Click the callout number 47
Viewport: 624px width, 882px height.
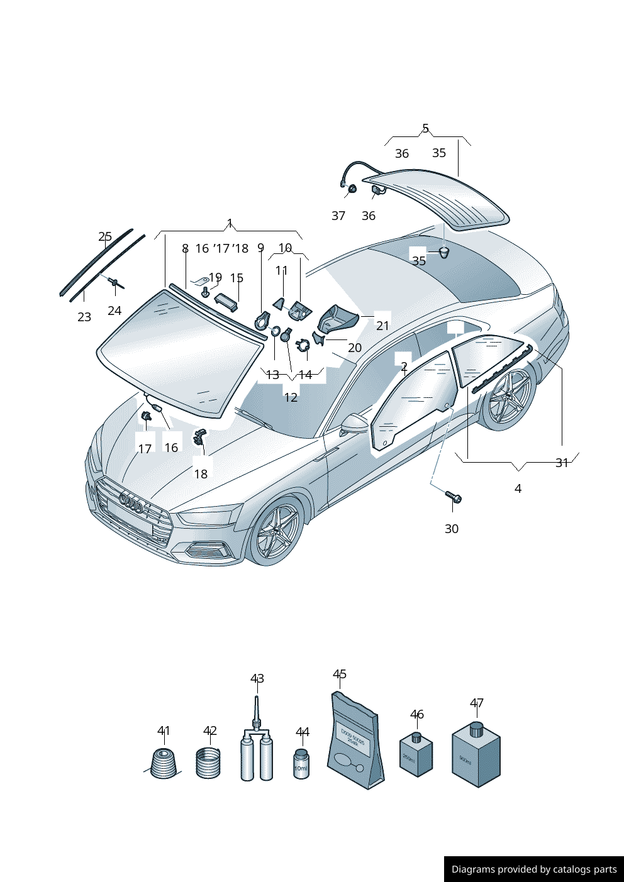click(476, 703)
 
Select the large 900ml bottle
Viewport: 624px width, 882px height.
click(476, 758)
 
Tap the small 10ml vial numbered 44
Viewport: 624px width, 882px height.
click(301, 764)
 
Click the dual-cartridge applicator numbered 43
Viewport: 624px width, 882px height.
click(257, 752)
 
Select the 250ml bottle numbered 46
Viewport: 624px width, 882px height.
click(416, 754)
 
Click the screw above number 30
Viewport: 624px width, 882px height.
click(454, 497)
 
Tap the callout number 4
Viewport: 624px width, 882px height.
click(518, 488)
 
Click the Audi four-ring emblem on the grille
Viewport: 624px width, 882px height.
click(131, 503)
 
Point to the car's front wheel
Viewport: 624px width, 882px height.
click(277, 531)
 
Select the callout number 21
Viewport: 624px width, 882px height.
click(382, 326)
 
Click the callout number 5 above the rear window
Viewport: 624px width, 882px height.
click(425, 128)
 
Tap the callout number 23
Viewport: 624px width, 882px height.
click(84, 317)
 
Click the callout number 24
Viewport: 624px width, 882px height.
click(114, 311)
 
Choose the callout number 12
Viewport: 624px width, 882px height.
click(291, 397)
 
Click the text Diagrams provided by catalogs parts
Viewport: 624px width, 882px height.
click(534, 869)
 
